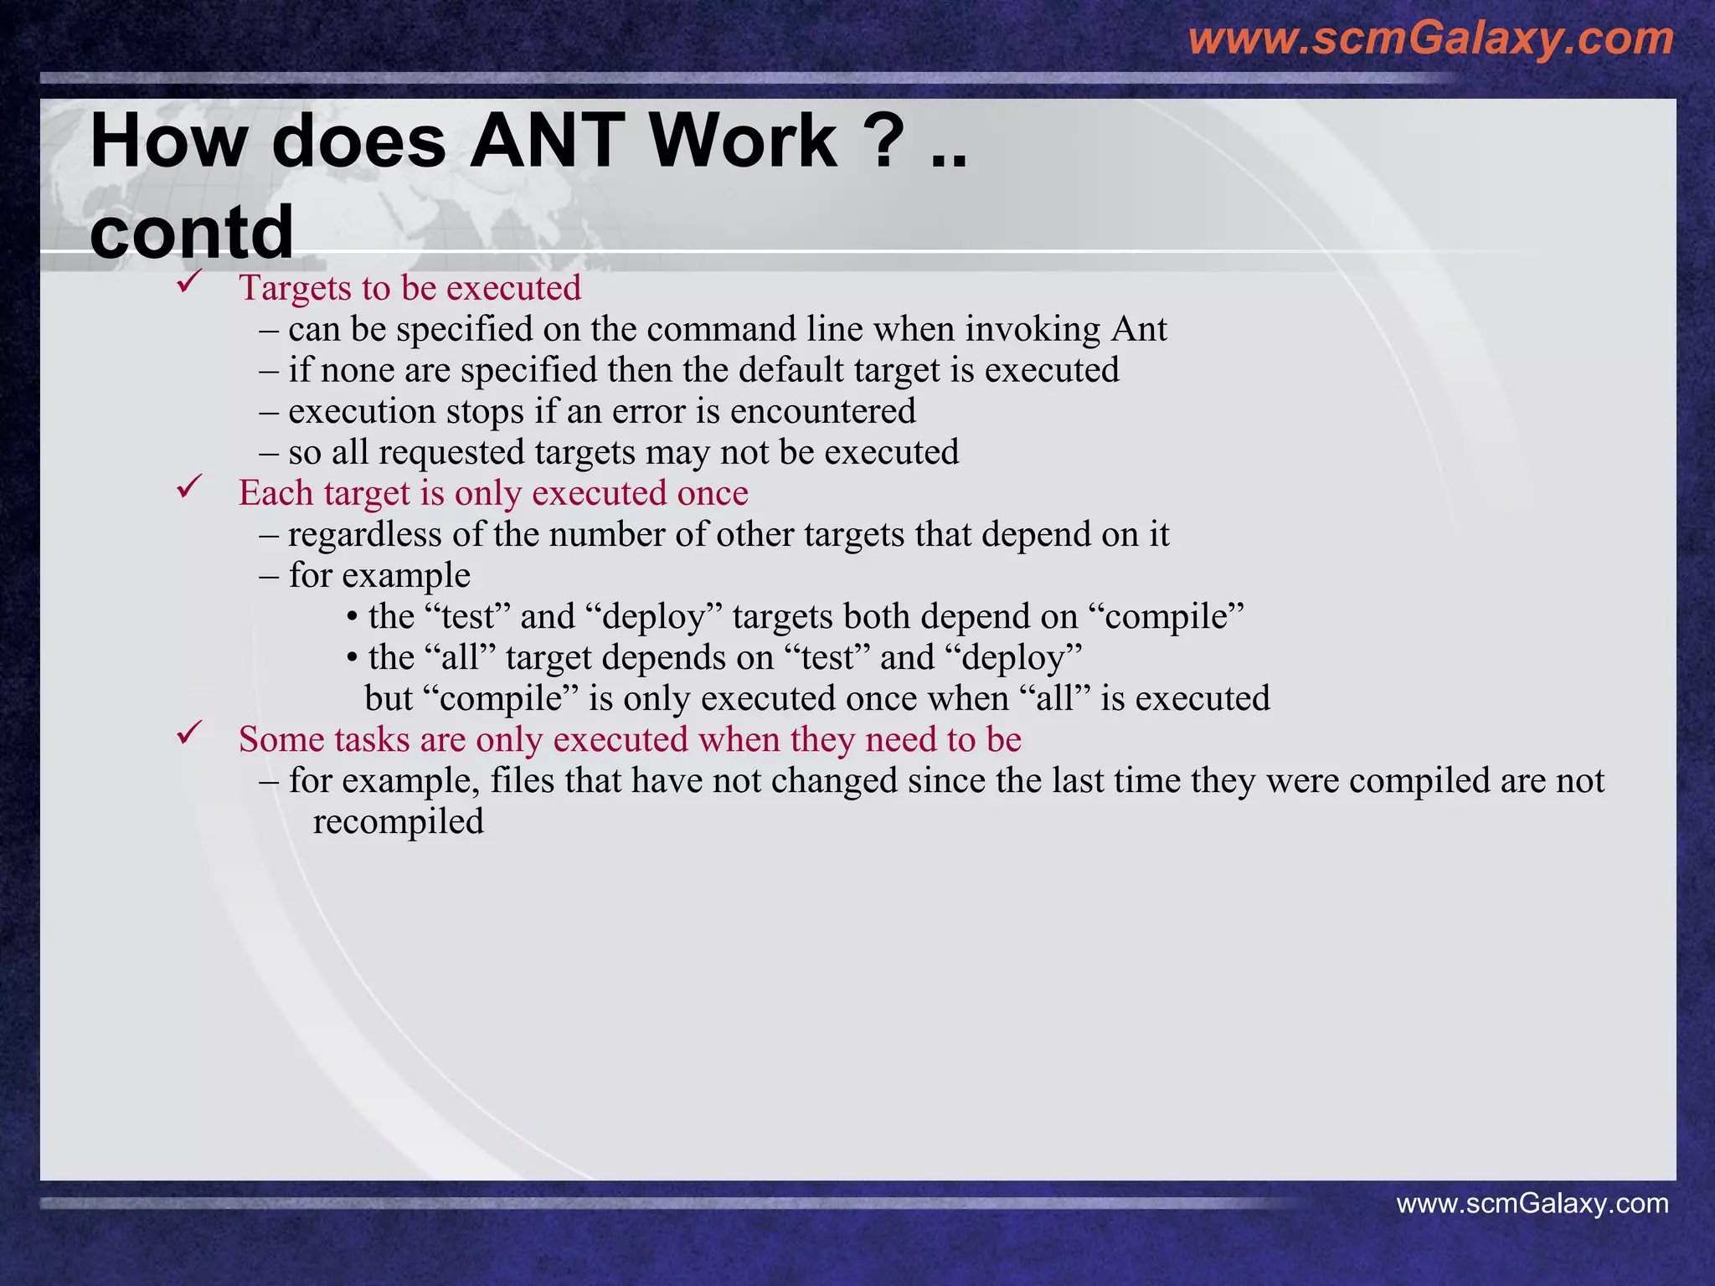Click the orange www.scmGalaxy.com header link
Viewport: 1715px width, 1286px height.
(1430, 39)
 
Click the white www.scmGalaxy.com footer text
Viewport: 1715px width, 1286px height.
(1532, 1203)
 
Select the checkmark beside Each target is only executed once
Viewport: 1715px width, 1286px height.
(188, 487)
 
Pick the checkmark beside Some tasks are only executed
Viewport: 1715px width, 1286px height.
(188, 733)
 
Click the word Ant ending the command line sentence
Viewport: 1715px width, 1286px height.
(1139, 329)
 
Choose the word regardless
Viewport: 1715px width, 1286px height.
(364, 535)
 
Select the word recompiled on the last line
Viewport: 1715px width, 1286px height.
(398, 822)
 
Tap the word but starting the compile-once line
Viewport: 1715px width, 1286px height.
(389, 699)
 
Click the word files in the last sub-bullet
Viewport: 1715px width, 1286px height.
(522, 781)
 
